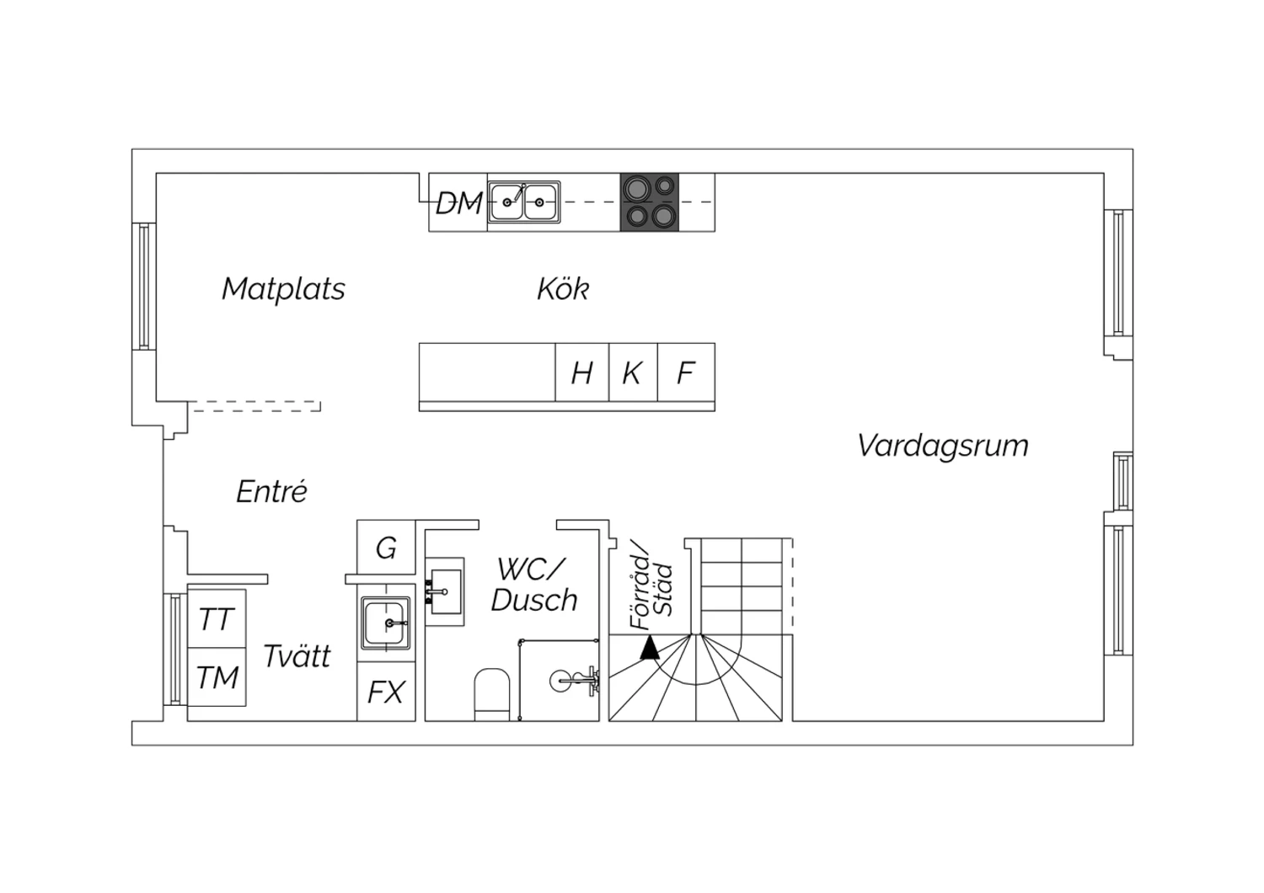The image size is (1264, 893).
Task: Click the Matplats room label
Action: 283,289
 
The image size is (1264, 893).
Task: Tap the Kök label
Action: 563,289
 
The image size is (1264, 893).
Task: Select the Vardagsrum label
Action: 943,446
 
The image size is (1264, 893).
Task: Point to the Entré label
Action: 271,492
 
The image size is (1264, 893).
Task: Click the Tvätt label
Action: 297,656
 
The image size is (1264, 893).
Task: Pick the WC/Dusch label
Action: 534,585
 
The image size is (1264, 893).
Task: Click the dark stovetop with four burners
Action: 650,201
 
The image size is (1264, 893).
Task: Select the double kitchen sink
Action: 523,202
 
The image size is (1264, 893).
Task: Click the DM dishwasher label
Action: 458,203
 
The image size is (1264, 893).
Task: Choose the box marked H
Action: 581,372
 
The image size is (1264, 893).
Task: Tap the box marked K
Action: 632,372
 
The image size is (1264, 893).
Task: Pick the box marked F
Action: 686,372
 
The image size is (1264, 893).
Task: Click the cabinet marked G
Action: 386,548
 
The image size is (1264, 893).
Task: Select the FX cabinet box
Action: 386,692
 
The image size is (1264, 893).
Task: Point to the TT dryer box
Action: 216,619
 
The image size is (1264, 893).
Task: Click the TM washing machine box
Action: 217,677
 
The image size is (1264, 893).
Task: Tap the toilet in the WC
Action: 492,692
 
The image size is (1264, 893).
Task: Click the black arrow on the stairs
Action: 650,647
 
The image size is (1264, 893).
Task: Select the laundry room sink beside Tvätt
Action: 386,623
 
